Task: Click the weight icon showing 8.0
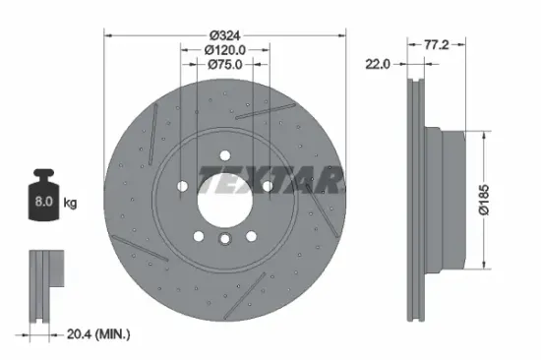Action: (44, 198)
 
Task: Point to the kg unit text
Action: (70, 204)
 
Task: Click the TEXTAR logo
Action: (272, 180)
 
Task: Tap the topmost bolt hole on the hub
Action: (225, 155)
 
